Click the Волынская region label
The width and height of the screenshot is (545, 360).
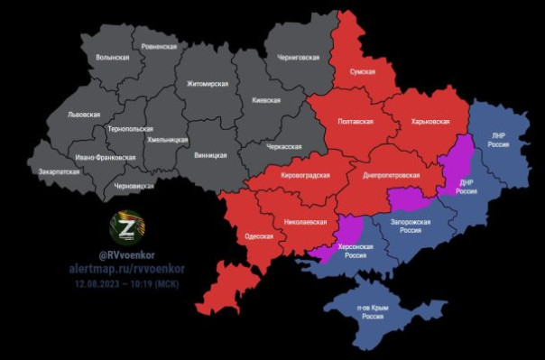click(112, 58)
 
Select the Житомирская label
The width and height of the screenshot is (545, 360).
click(208, 83)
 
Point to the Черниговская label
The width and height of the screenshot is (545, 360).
click(298, 57)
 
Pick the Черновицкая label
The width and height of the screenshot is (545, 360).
click(134, 185)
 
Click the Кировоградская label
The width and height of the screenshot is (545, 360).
click(306, 175)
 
